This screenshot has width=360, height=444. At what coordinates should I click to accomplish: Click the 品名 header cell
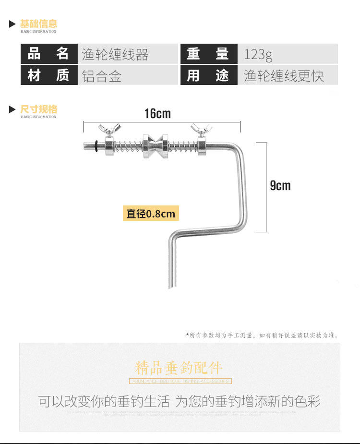click(49, 54)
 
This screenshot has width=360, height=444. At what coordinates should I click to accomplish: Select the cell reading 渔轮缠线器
click(115, 54)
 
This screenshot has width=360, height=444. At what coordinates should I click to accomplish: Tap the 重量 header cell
click(208, 54)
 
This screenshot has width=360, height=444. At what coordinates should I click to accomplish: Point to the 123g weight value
click(258, 54)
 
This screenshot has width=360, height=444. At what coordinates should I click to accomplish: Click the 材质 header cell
click(49, 75)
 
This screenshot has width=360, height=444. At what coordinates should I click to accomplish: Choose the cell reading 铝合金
click(102, 76)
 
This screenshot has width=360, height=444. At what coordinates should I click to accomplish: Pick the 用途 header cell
click(208, 75)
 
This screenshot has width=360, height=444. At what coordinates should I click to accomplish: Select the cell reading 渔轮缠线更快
click(284, 76)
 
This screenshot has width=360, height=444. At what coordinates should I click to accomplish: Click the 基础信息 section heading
click(38, 24)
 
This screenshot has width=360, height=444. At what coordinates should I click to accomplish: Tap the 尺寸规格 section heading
click(38, 109)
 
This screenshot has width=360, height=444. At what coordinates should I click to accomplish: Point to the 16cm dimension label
click(157, 114)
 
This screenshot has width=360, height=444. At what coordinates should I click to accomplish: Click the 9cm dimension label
click(280, 186)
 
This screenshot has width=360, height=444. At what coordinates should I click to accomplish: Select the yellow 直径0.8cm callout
click(151, 214)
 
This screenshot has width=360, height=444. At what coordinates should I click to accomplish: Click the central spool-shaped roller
click(155, 145)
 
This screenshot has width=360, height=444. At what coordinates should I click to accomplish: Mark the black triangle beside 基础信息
click(12, 24)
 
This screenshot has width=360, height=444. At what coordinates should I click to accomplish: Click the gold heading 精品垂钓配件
click(179, 368)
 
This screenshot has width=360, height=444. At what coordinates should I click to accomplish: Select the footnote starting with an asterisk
click(262, 336)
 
